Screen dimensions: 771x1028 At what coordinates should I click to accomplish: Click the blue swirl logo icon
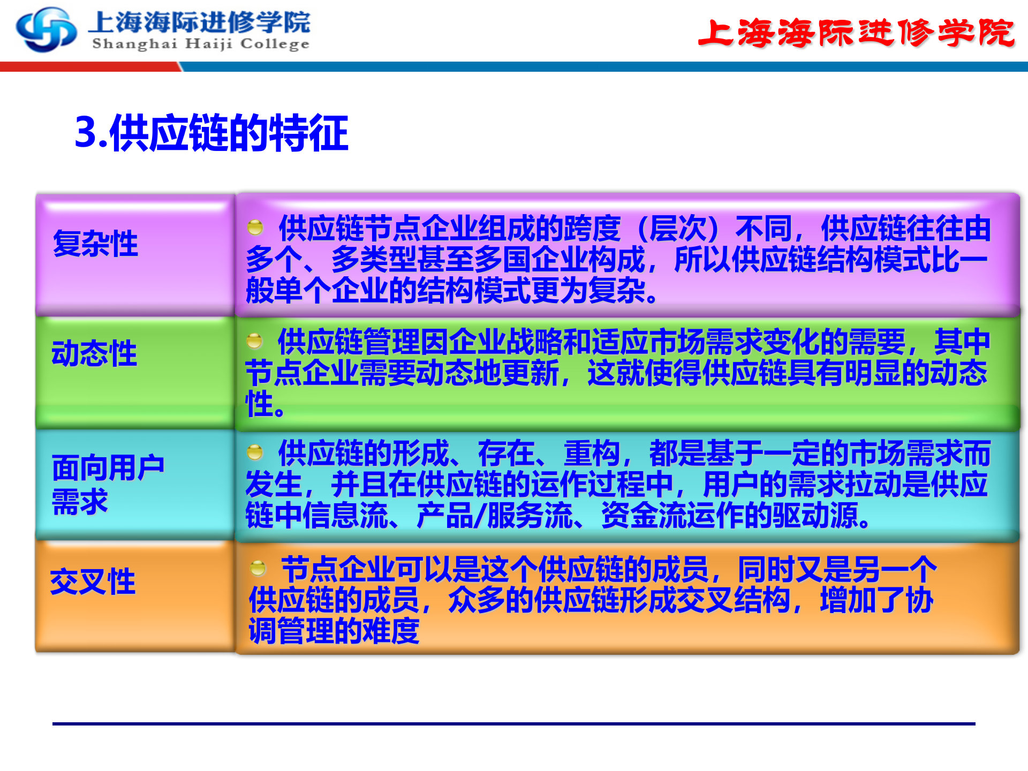(x=46, y=30)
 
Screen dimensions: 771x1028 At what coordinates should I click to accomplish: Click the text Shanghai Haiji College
(x=201, y=44)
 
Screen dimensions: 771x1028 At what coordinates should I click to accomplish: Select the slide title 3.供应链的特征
(x=211, y=133)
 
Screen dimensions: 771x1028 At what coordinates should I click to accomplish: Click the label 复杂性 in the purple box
(x=95, y=244)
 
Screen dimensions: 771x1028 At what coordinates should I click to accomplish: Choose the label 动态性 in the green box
(x=94, y=353)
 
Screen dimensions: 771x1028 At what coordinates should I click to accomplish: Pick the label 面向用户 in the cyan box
(x=108, y=467)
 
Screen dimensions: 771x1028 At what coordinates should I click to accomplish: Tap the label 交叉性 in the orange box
(x=93, y=581)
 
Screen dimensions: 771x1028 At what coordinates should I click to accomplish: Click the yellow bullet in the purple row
(x=255, y=227)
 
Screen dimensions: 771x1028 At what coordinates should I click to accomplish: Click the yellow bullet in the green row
(x=254, y=341)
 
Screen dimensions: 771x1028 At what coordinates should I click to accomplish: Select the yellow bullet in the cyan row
(x=255, y=452)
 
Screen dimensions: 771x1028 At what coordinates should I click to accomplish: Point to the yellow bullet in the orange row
(x=258, y=568)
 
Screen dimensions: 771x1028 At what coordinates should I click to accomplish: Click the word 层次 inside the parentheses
(x=677, y=229)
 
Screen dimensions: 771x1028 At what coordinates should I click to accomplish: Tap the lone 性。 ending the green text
(x=265, y=404)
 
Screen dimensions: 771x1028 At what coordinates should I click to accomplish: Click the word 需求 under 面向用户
(x=80, y=502)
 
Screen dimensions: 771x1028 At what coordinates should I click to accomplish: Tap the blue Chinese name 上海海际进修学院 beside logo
(x=199, y=22)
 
